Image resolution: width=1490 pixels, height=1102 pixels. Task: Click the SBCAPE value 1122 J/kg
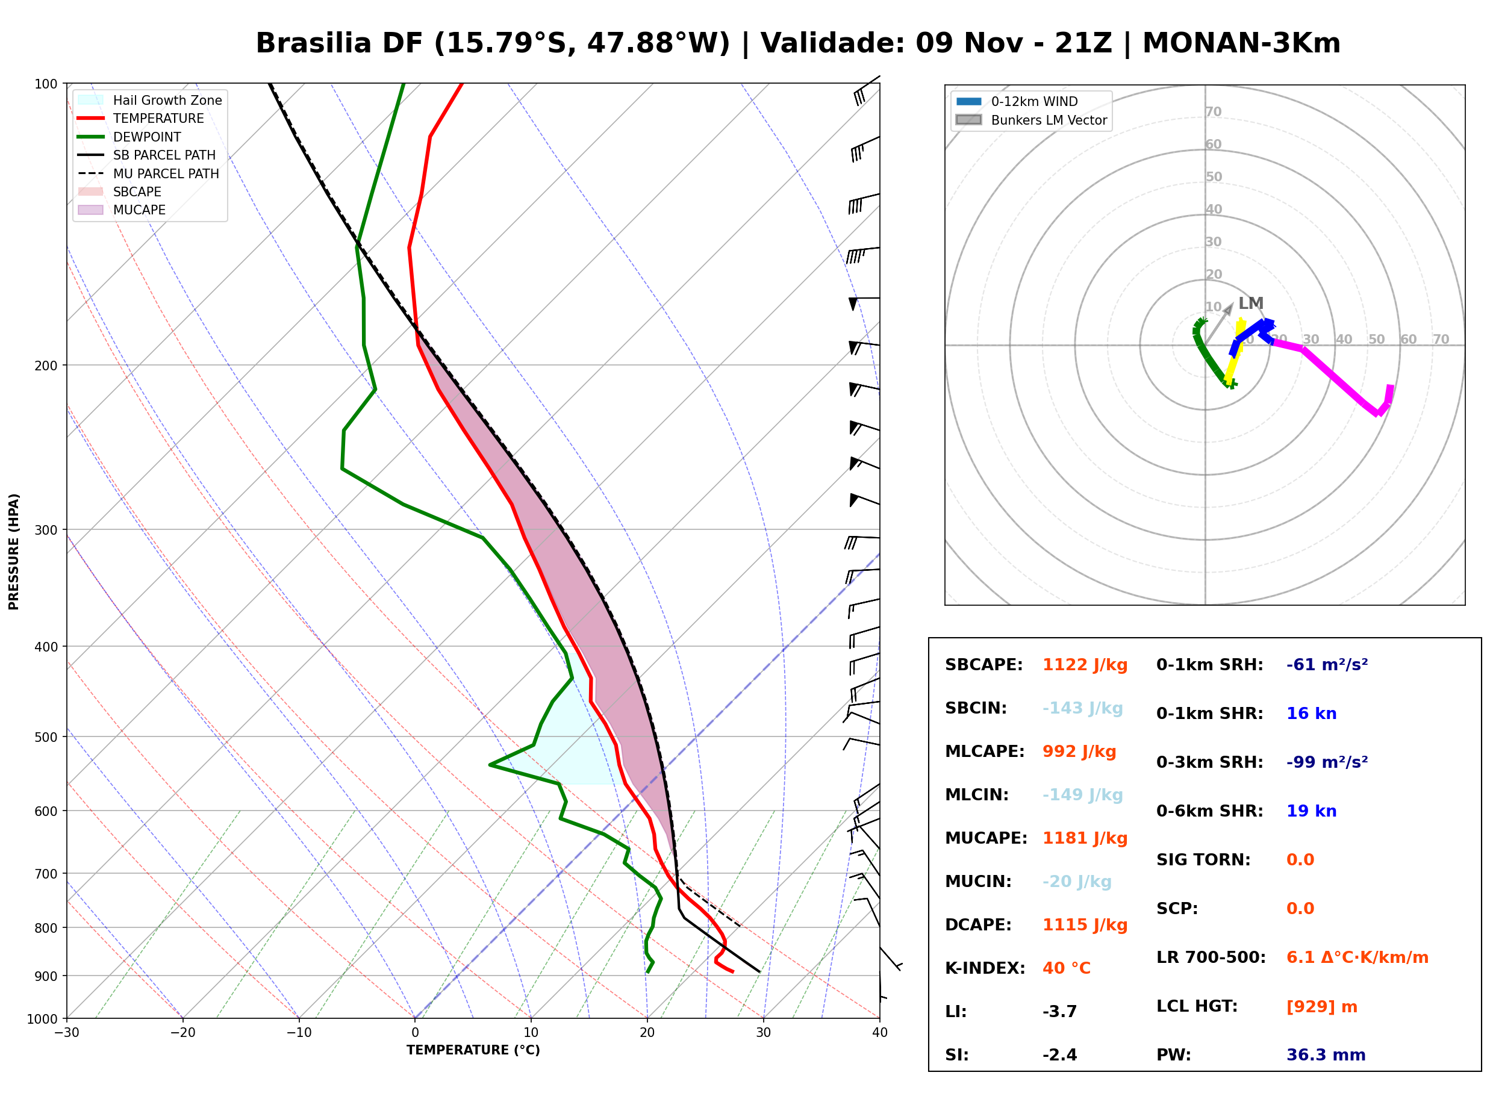point(1085,665)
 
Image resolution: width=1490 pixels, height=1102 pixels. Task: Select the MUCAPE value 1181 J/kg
point(1085,838)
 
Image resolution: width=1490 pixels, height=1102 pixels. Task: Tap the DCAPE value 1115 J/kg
point(1085,925)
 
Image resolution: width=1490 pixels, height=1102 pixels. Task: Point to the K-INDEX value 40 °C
point(1067,968)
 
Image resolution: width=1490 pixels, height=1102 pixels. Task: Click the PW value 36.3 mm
point(1326,1055)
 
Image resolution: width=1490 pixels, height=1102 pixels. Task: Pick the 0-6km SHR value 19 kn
point(1311,811)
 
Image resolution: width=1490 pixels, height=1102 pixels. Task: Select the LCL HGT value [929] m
point(1322,1007)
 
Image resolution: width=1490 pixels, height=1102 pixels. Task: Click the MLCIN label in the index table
point(977,795)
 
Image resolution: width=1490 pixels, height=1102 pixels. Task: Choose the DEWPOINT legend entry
point(129,137)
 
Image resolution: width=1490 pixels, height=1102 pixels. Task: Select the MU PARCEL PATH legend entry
point(148,173)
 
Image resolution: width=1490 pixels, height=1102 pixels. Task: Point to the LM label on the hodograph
point(1250,304)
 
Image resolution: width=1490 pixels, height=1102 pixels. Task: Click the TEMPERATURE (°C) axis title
point(473,1050)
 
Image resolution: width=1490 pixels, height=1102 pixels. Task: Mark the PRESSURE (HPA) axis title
point(14,552)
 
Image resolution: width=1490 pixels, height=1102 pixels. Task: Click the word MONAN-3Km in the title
point(1241,43)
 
